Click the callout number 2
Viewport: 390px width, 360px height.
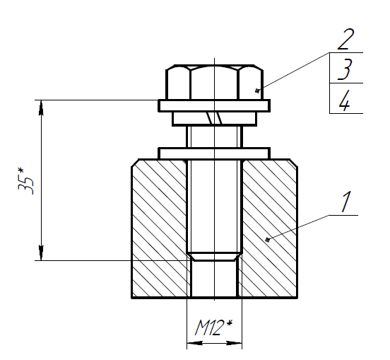(x=346, y=39)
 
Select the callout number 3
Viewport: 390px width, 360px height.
(x=345, y=69)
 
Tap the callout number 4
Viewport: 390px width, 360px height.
(x=345, y=100)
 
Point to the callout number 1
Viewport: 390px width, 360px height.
(x=345, y=202)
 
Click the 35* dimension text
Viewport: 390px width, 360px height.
(x=25, y=181)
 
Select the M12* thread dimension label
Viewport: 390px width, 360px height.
(x=213, y=327)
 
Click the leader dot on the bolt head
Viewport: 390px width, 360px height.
(x=258, y=91)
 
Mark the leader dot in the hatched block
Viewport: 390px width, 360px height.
(x=267, y=240)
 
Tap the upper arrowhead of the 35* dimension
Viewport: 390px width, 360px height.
(x=41, y=108)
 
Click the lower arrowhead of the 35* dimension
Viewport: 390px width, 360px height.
(x=41, y=253)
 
